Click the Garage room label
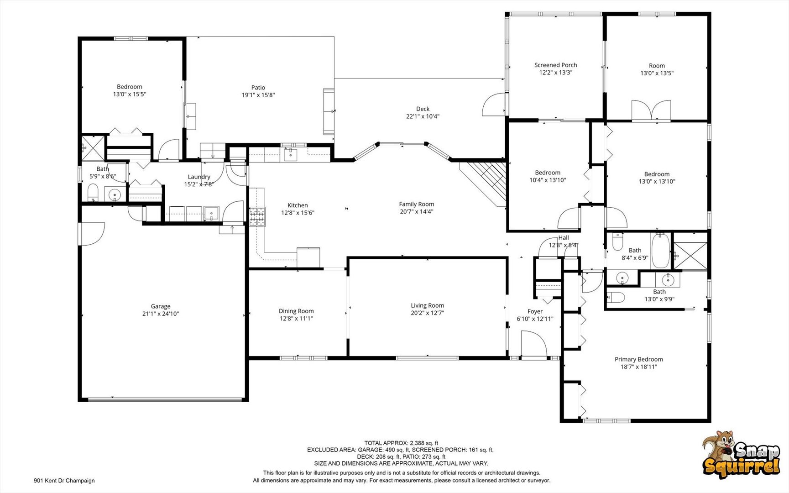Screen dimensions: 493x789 161,306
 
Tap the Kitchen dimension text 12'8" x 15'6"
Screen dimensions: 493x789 298,213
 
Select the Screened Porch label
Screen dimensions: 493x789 555,65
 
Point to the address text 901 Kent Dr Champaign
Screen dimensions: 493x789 64,480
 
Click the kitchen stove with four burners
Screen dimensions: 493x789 257,217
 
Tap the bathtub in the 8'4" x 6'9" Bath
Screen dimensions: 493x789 660,251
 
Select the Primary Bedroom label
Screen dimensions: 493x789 638,359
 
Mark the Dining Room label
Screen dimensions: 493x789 296,311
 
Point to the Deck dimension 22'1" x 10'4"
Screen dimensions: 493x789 423,116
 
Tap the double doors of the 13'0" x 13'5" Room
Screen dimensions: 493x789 651,110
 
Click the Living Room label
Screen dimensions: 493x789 427,306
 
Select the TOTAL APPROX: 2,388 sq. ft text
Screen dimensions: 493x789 401,443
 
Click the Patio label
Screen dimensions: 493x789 258,88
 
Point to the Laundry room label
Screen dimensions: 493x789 199,177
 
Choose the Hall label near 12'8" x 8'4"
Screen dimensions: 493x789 564,238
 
